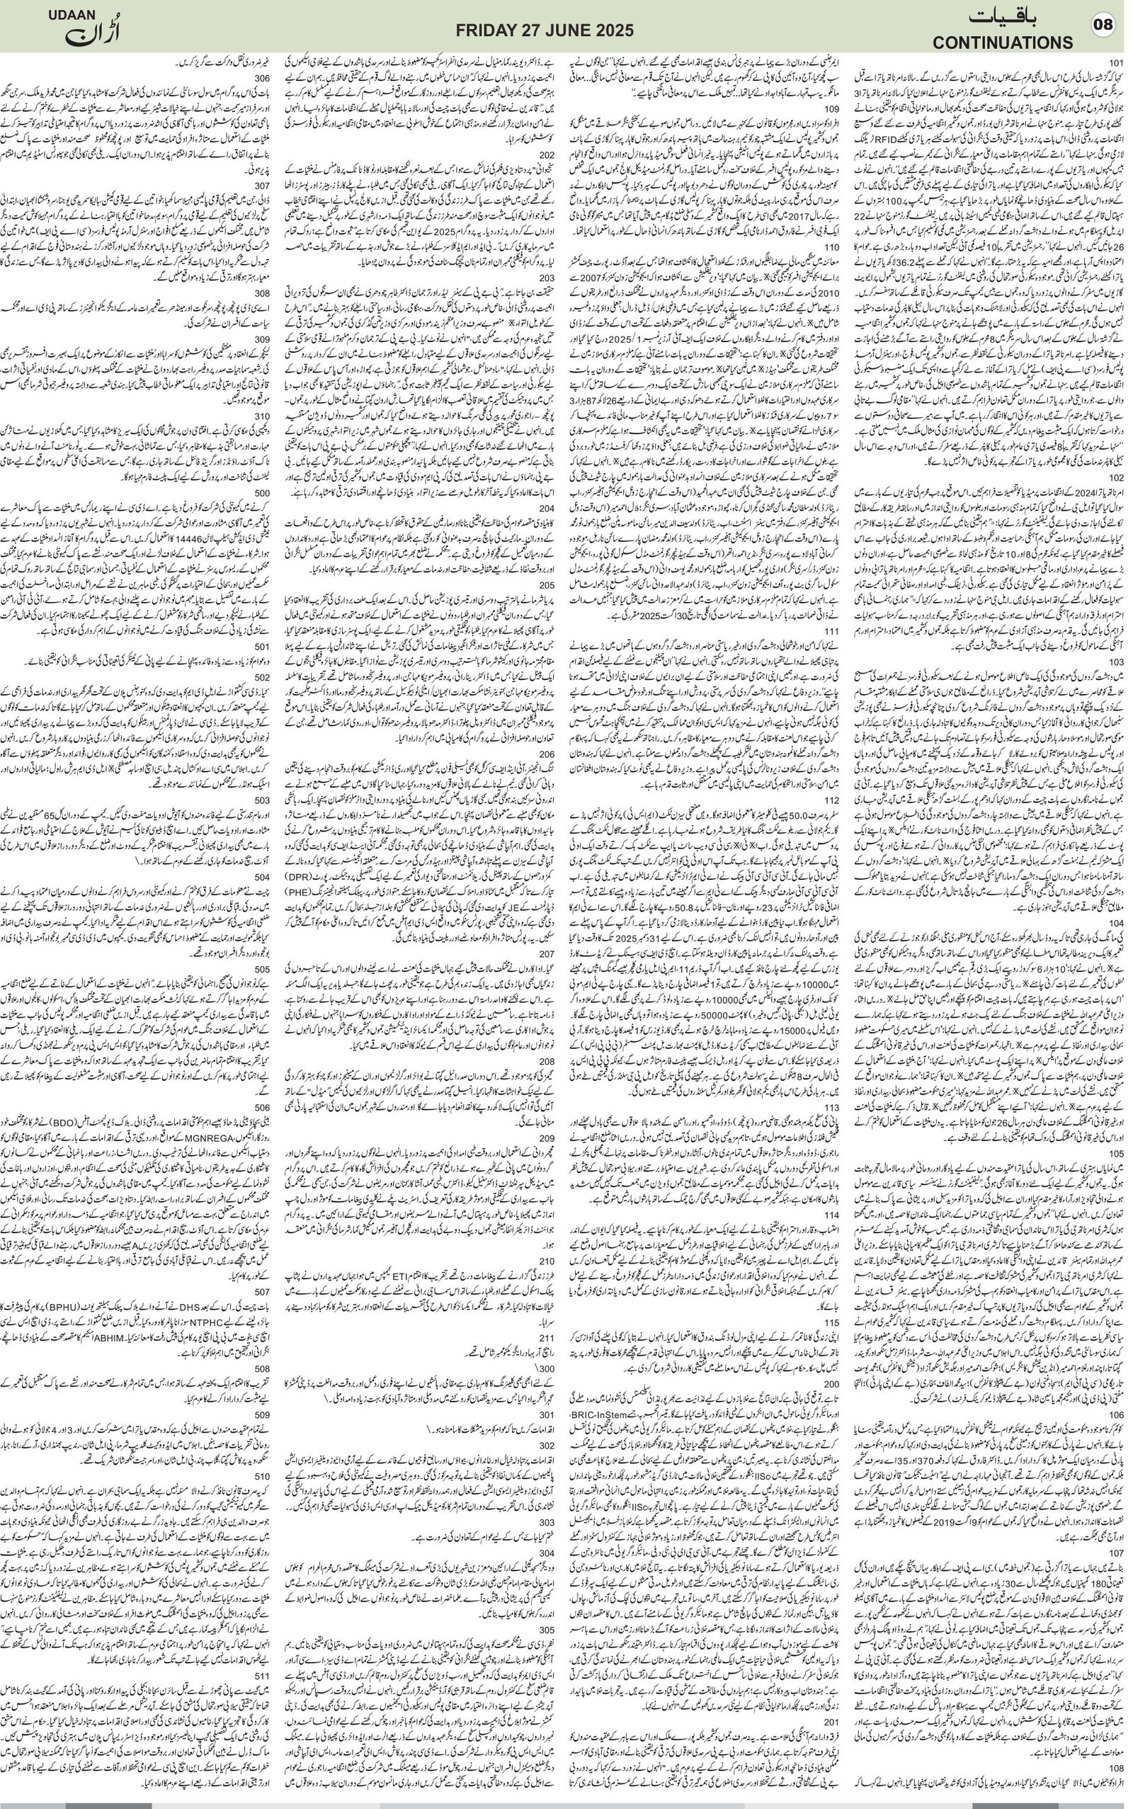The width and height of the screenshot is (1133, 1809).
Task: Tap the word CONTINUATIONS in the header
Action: (x=1003, y=42)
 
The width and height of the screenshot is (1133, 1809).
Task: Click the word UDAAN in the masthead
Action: (x=69, y=15)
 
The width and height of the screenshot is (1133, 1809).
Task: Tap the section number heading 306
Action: (x=262, y=77)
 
